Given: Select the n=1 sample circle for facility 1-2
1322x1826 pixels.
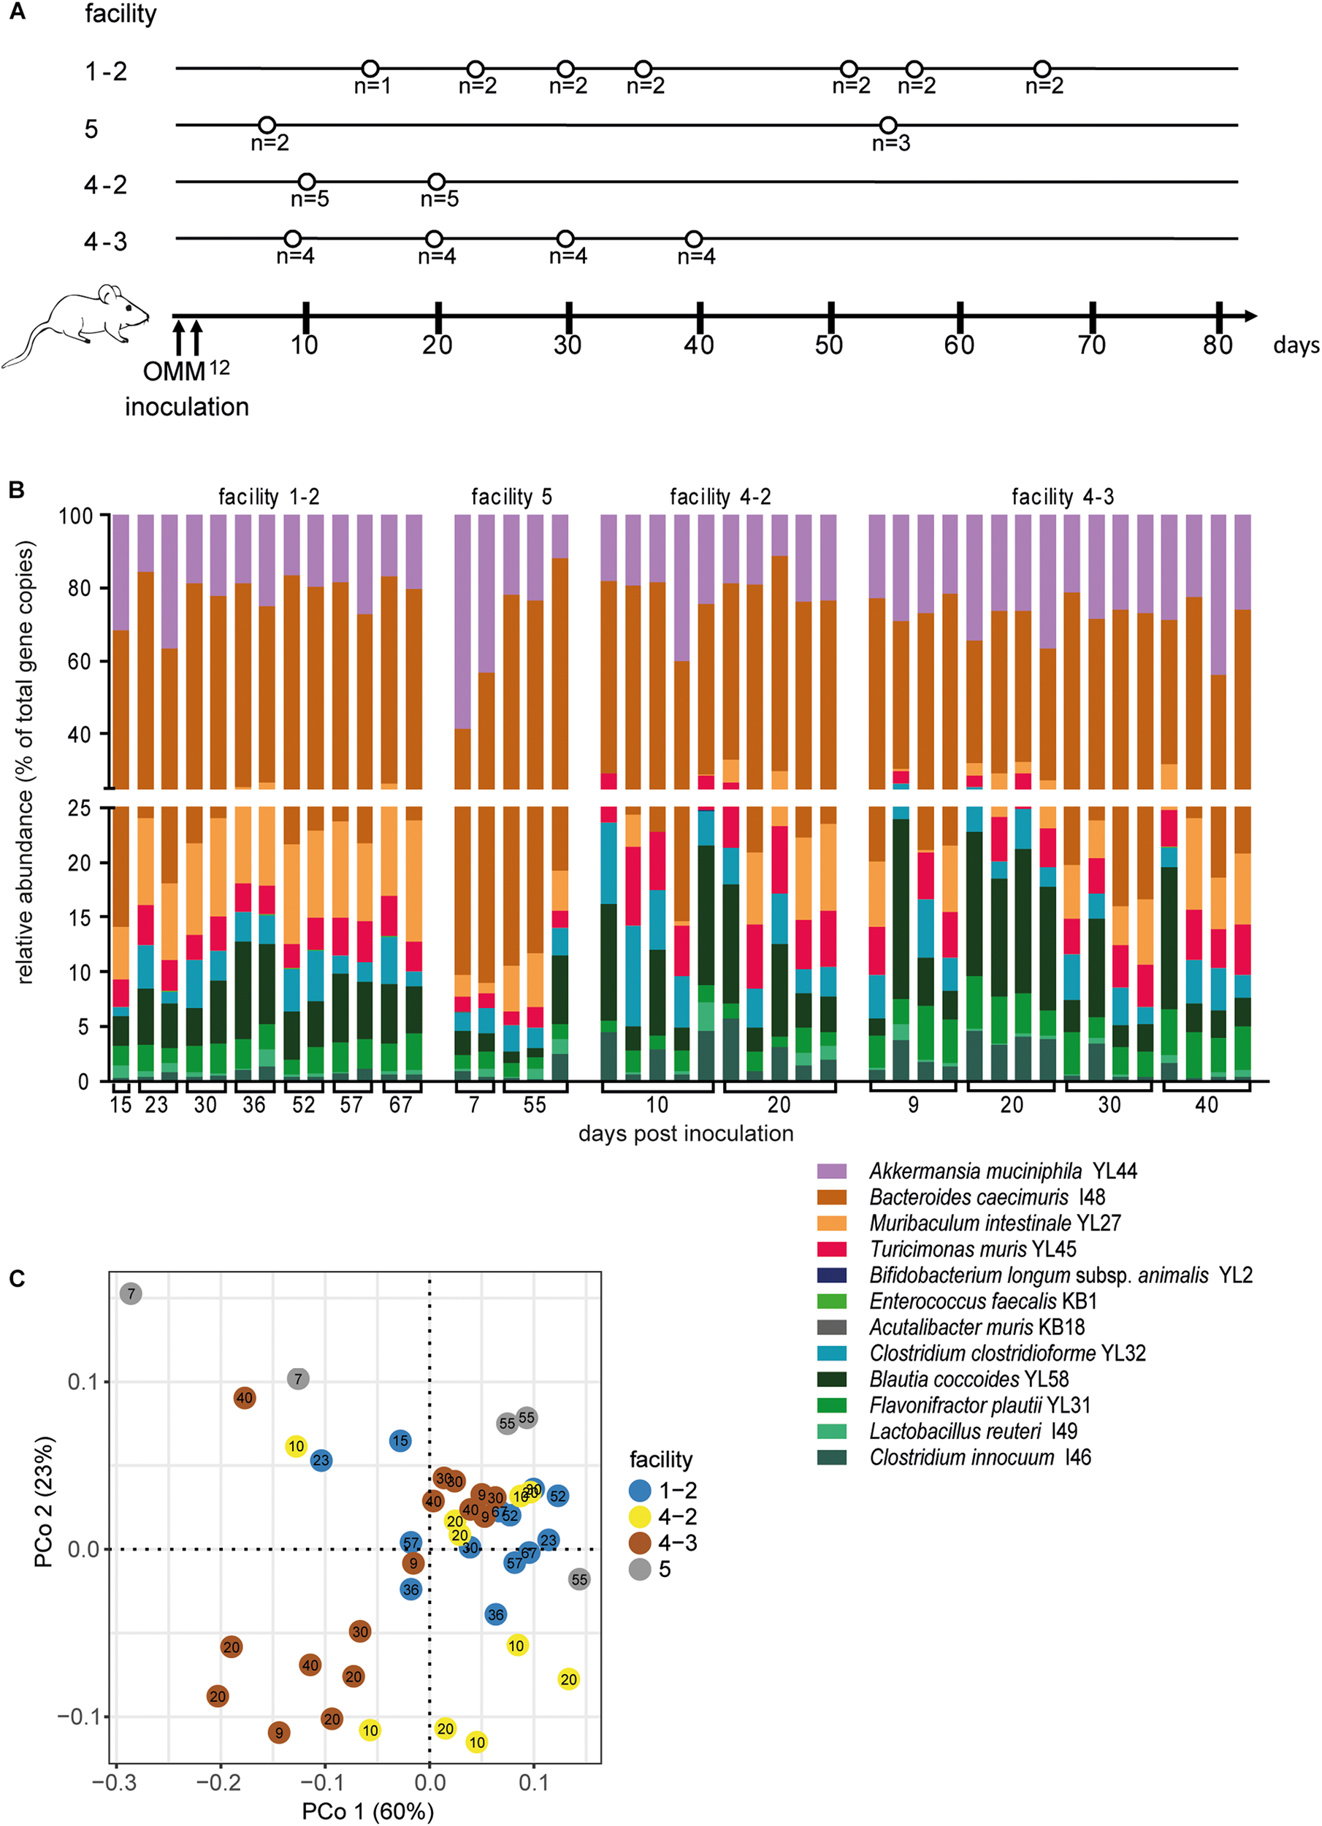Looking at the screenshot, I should click(370, 69).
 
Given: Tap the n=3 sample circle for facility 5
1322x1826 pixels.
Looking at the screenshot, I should click(888, 126).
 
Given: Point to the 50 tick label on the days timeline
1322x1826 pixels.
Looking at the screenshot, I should click(828, 345).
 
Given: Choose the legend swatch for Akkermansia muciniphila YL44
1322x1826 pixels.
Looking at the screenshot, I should click(832, 1171).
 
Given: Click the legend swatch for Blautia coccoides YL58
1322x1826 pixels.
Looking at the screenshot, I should click(832, 1379).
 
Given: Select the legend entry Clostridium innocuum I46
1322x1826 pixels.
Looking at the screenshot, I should click(980, 1457).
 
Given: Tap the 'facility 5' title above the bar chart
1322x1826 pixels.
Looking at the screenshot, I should click(511, 497).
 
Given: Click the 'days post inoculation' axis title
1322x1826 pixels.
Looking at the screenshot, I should click(686, 1133).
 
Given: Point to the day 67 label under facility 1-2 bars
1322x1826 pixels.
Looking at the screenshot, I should click(400, 1104).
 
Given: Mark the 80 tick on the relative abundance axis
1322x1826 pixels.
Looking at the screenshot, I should click(79, 588).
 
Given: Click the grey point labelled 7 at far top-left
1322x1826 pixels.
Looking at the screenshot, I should click(131, 1294).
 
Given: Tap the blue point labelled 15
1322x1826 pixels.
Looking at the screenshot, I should click(400, 1440).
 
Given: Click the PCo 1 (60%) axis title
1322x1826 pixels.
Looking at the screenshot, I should click(367, 1811).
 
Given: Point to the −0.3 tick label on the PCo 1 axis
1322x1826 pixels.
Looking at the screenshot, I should click(115, 1782).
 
